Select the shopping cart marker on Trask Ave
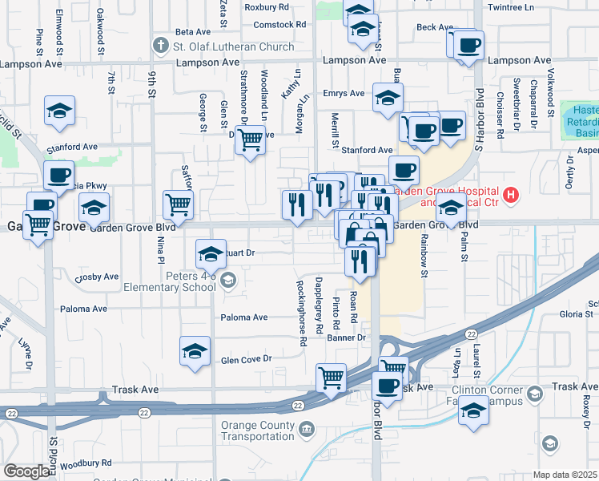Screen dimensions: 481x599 (331, 377)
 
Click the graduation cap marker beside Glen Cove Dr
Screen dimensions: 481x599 (195, 351)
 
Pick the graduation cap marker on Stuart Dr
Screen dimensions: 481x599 (211, 254)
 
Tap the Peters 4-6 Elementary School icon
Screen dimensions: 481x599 (229, 280)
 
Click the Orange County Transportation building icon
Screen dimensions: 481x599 (306, 430)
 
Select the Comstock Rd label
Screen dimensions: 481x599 (279, 25)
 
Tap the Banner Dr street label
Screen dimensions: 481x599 (346, 338)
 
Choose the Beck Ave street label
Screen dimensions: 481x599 (435, 27)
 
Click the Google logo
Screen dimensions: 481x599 (26, 472)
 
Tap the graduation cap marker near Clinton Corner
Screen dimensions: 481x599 (473, 411)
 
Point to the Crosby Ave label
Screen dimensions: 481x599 (96, 277)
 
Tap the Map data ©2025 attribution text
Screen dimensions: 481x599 (565, 475)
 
